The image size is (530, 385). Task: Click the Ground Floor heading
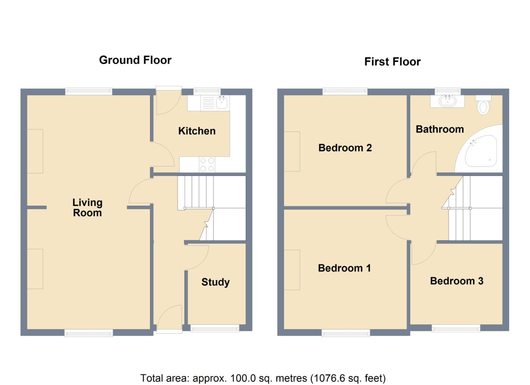click(135, 60)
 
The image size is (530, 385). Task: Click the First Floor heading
click(392, 62)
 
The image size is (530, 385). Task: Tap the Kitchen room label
click(197, 131)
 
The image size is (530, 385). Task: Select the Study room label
click(215, 282)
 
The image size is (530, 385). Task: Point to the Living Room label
click(87, 207)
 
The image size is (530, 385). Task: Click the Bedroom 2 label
click(345, 148)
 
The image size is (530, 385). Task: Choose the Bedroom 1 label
click(344, 268)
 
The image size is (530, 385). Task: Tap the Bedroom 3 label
click(456, 281)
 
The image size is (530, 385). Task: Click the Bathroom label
click(440, 129)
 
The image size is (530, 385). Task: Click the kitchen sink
click(222, 103)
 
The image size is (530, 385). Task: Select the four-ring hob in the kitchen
click(207, 165)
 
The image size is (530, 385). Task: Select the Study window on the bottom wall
click(215, 328)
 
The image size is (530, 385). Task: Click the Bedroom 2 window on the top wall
click(345, 91)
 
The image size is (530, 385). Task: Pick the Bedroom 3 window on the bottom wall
click(456, 328)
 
